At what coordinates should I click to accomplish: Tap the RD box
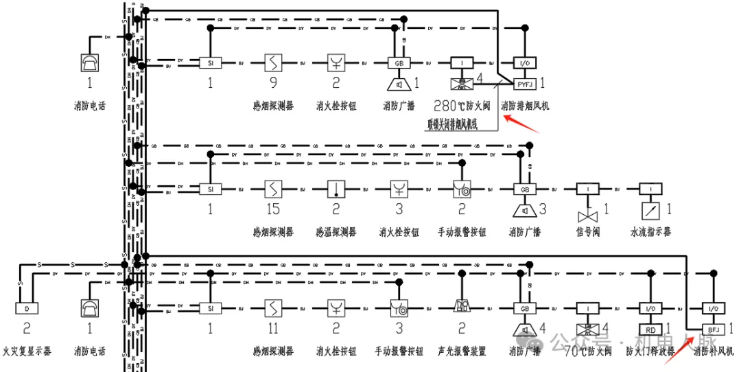click(x=650, y=330)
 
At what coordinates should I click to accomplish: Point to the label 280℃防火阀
click(x=462, y=106)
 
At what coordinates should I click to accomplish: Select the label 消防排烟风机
click(x=525, y=106)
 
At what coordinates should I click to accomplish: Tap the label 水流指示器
click(x=650, y=232)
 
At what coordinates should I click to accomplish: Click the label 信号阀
click(x=588, y=232)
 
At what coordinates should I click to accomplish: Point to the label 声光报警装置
click(x=461, y=351)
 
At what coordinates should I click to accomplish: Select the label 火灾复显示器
click(x=27, y=351)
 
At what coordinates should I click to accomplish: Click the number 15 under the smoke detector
click(x=274, y=209)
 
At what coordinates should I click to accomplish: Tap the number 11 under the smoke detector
click(x=274, y=329)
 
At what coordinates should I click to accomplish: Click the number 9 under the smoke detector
click(x=274, y=84)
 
